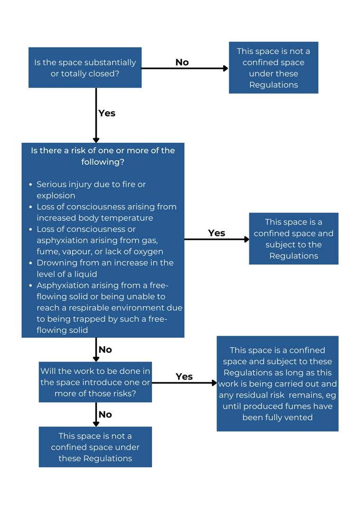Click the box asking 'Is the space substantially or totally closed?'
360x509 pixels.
coord(85,67)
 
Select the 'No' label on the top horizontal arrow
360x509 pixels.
coord(182,62)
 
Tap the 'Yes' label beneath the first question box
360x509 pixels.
coord(107,113)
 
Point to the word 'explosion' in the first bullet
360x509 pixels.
coord(56,196)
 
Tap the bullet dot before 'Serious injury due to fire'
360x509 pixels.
coord(31,185)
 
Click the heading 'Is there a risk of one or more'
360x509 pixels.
coord(103,151)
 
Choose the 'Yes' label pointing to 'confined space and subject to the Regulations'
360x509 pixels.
coord(217,233)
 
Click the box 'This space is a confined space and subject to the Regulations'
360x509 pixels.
coord(294,238)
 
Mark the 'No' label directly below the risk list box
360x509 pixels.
coord(105,349)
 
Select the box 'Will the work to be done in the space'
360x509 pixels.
coord(95,382)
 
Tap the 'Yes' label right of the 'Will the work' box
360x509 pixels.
coord(184,377)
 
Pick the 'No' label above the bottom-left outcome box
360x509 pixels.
coord(105,415)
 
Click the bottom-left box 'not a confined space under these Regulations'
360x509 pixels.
coord(95,447)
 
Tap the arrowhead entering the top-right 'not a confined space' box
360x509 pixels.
coord(226,68)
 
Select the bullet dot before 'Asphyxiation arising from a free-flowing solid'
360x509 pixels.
coord(31,286)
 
